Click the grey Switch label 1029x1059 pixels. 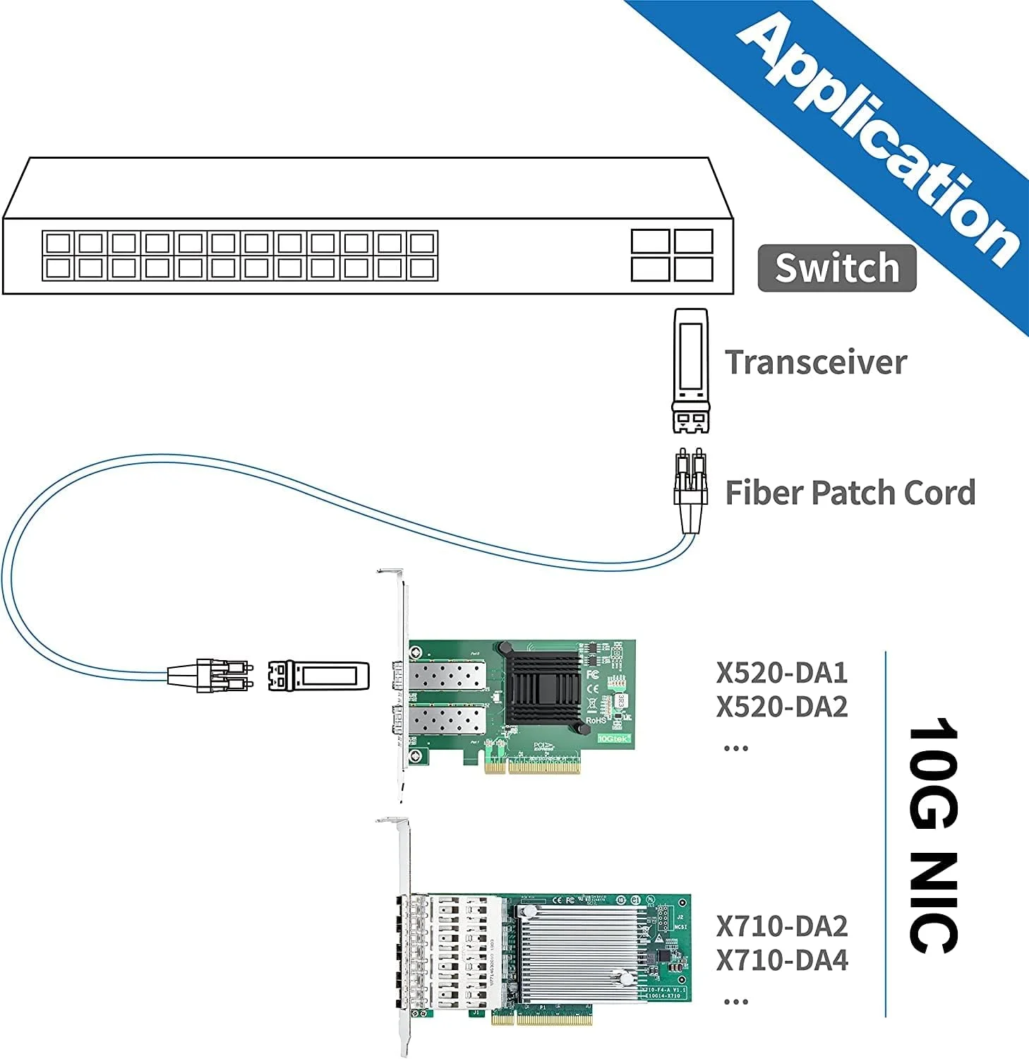pyautogui.click(x=836, y=268)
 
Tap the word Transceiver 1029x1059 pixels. pyautogui.click(x=816, y=362)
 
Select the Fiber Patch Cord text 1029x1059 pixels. pyautogui.click(x=850, y=493)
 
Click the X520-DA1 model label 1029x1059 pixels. pyautogui.click(x=782, y=673)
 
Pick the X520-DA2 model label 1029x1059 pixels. pyautogui.click(x=782, y=707)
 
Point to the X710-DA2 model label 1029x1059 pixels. pyautogui.click(x=782, y=926)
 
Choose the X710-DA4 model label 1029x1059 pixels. pyautogui.click(x=782, y=960)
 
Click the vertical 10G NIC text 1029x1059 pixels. pyautogui.click(x=933, y=835)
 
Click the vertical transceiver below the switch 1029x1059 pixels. pyautogui.click(x=691, y=369)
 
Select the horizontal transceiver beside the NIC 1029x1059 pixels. pyautogui.click(x=318, y=676)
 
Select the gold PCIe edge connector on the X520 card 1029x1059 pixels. pyautogui.click(x=532, y=766)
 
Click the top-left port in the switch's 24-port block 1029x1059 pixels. pyautogui.click(x=57, y=244)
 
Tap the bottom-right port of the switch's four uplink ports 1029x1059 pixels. pyautogui.click(x=693, y=269)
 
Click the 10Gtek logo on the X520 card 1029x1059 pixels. pyautogui.click(x=613, y=738)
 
